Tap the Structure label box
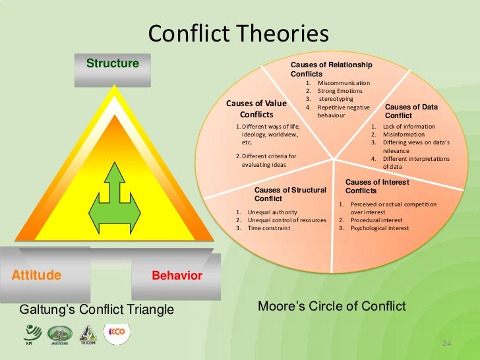coord(113,64)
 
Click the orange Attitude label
coord(37,275)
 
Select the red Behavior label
coord(177,276)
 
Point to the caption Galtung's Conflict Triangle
coord(97,309)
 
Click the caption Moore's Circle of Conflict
coord(332,307)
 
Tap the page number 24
coord(446,344)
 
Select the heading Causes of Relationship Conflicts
coord(331,69)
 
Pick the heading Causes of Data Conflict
coord(410,111)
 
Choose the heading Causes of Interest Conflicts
coord(376,186)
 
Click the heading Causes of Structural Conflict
coord(289,194)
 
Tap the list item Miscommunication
coord(343,83)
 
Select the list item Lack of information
coord(408,126)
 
